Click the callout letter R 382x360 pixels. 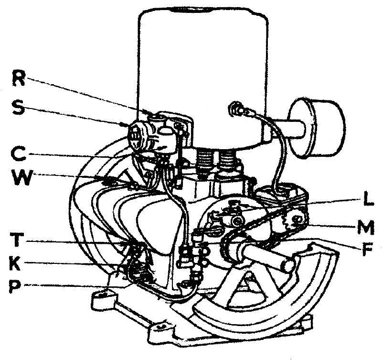coord(19,77)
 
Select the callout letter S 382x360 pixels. coord(18,108)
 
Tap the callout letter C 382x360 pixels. coord(18,153)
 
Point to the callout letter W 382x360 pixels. coord(21,177)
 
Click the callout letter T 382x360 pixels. coord(17,240)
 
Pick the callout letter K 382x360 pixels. coord(16,262)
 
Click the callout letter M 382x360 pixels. coord(366,227)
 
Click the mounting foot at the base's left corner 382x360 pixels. coord(103,301)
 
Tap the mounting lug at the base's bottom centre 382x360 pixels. coord(161,330)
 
